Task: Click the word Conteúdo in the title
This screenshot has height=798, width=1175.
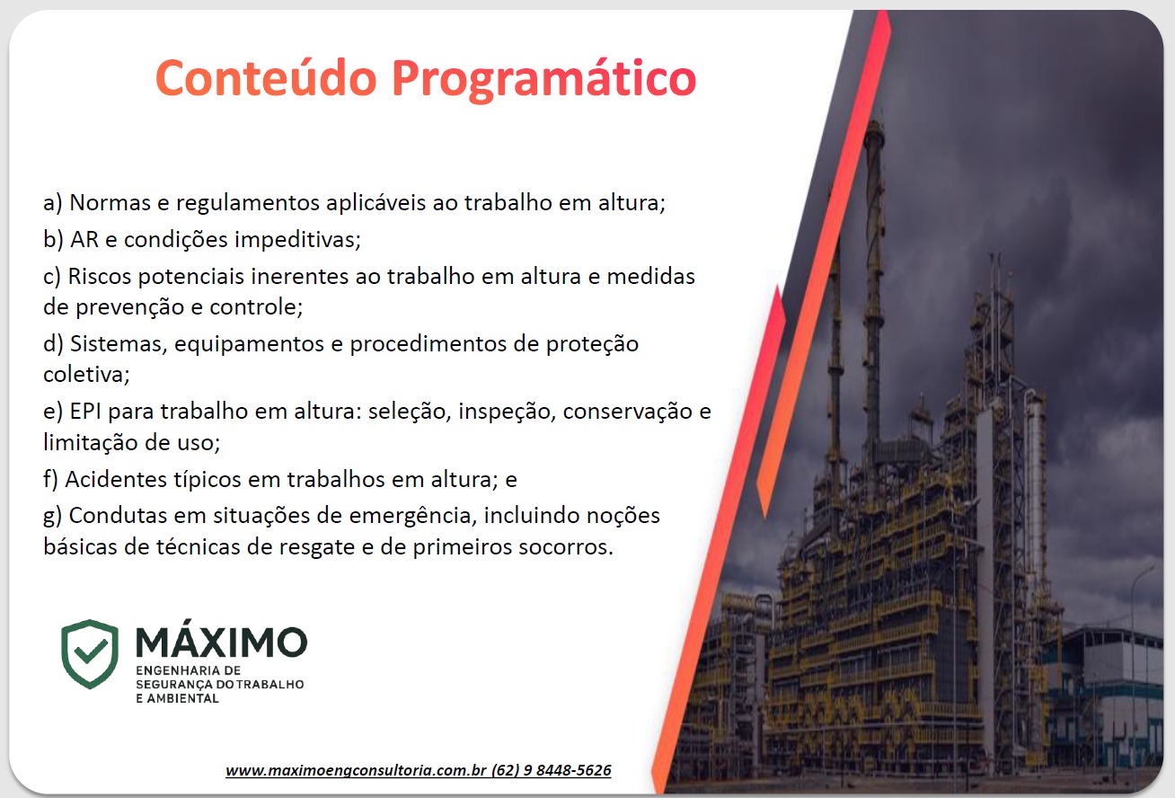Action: pyautogui.click(x=265, y=79)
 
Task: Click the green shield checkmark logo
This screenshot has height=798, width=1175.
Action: pyautogui.click(x=90, y=653)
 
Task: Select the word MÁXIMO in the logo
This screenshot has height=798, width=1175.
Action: pyautogui.click(x=221, y=642)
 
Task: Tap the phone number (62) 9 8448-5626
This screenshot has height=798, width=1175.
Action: pyautogui.click(x=552, y=771)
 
